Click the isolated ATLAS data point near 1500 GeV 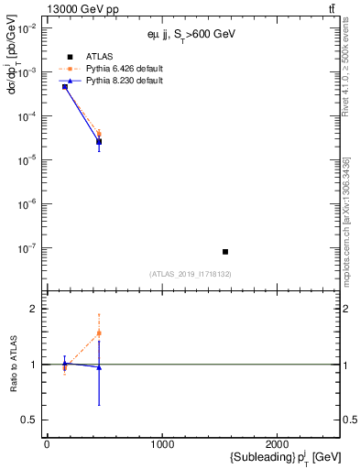click(x=225, y=251)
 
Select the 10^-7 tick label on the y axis click(x=26, y=247)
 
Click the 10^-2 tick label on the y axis click(x=26, y=28)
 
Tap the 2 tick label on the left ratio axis click(x=32, y=310)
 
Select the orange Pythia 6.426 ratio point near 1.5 click(x=99, y=333)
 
